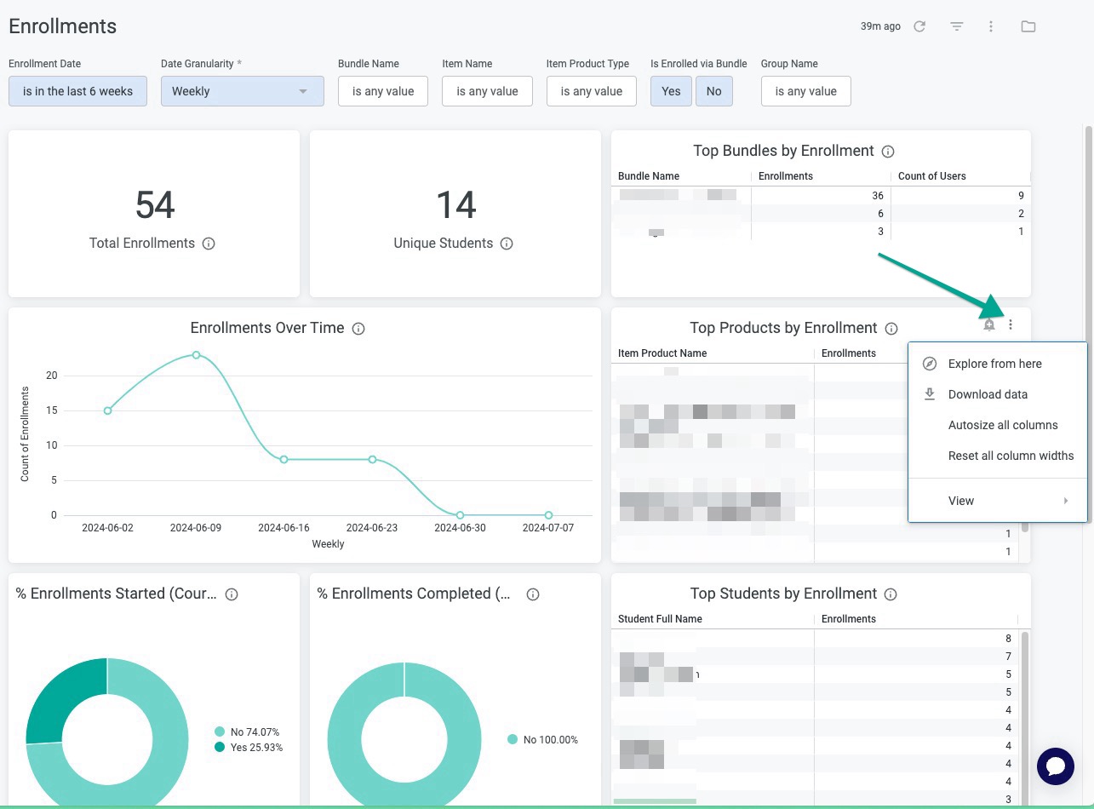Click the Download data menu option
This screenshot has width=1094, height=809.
[x=987, y=394]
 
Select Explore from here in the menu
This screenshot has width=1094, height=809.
[x=994, y=364]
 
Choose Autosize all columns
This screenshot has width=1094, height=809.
[x=1002, y=425]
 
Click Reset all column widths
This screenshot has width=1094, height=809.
[x=1011, y=456]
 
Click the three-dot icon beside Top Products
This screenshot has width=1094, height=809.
[x=1011, y=324]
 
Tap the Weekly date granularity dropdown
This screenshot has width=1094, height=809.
[x=242, y=91]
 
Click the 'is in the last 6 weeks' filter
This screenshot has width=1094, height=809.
[x=77, y=91]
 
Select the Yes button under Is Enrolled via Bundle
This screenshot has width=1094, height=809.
[x=671, y=91]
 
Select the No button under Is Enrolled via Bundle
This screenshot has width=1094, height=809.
[x=713, y=91]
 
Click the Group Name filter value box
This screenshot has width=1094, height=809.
[x=805, y=91]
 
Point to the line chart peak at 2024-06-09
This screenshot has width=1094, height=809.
[x=196, y=354]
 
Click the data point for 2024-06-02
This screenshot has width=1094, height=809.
[x=107, y=410]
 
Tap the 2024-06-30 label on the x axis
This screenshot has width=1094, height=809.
[x=460, y=528]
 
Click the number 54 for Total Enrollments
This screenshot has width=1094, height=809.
[x=154, y=205]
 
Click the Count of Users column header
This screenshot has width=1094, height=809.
[x=931, y=176]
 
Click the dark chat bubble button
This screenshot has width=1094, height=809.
[x=1055, y=766]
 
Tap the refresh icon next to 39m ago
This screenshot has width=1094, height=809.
[x=919, y=26]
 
